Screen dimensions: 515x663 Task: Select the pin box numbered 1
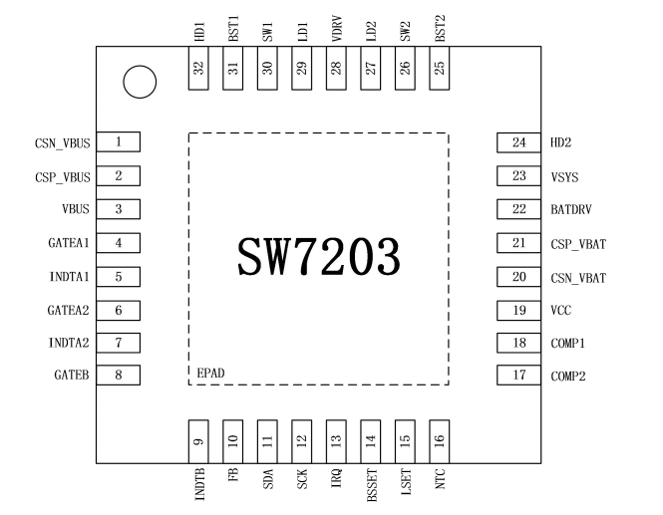point(119,142)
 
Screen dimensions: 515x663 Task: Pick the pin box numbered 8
point(119,376)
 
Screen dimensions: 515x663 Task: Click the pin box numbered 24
point(518,142)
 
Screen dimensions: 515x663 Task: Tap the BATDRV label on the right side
point(573,210)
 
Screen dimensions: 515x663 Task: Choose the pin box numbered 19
point(518,311)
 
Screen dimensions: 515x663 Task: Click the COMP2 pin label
point(570,377)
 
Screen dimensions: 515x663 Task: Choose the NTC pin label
point(439,482)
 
